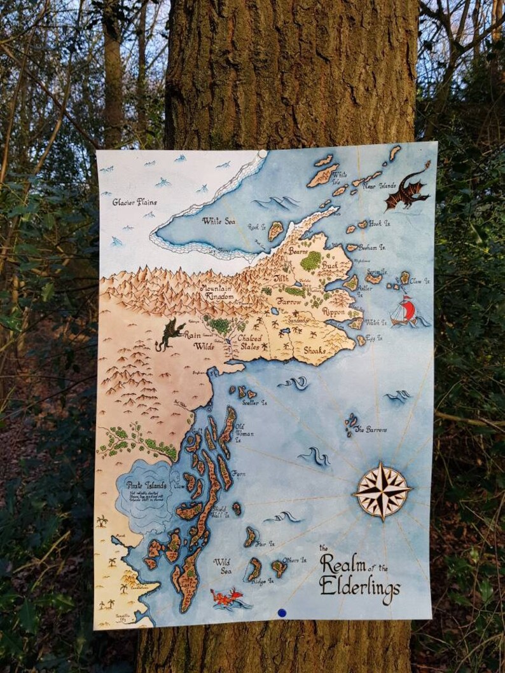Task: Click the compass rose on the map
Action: [x=382, y=491]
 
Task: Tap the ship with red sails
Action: [x=405, y=311]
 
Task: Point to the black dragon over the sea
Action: [x=406, y=190]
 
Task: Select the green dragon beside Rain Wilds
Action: [x=169, y=334]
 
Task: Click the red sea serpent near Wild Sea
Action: [x=226, y=597]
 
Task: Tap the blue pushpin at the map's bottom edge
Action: [x=282, y=613]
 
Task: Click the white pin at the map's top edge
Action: [x=262, y=154]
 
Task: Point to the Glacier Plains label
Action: [x=134, y=202]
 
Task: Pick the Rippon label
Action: [x=335, y=312]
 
